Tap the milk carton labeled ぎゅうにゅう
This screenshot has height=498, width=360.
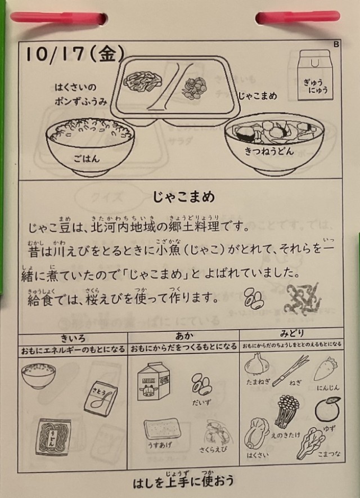pyautogui.click(x=314, y=75)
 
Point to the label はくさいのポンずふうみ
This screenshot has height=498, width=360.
pyautogui.click(x=81, y=94)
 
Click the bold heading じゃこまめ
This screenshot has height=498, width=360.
pyautogui.click(x=184, y=196)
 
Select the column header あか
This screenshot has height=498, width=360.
pyautogui.click(x=184, y=336)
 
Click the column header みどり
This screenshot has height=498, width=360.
pyautogui.click(x=292, y=333)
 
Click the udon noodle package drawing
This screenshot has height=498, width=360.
pyautogui.click(x=53, y=437)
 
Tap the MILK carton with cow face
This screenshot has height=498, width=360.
pyautogui.click(x=154, y=382)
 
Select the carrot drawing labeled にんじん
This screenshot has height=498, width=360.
pyautogui.click(x=326, y=369)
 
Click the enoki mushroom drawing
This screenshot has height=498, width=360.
pyautogui.click(x=287, y=411)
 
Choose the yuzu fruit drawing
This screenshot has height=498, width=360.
pyautogui.click(x=327, y=410)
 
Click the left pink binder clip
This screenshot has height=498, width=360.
pyautogui.click(x=58, y=18)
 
